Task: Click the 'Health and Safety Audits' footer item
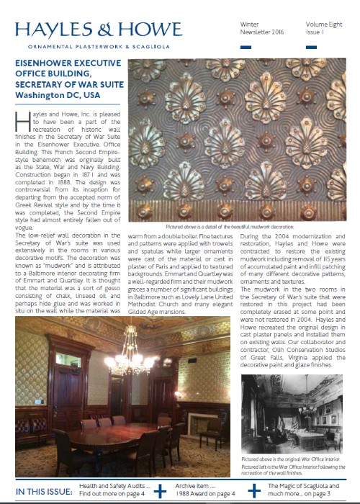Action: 114,487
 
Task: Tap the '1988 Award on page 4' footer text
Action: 205,495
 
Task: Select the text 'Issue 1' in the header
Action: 315,33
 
